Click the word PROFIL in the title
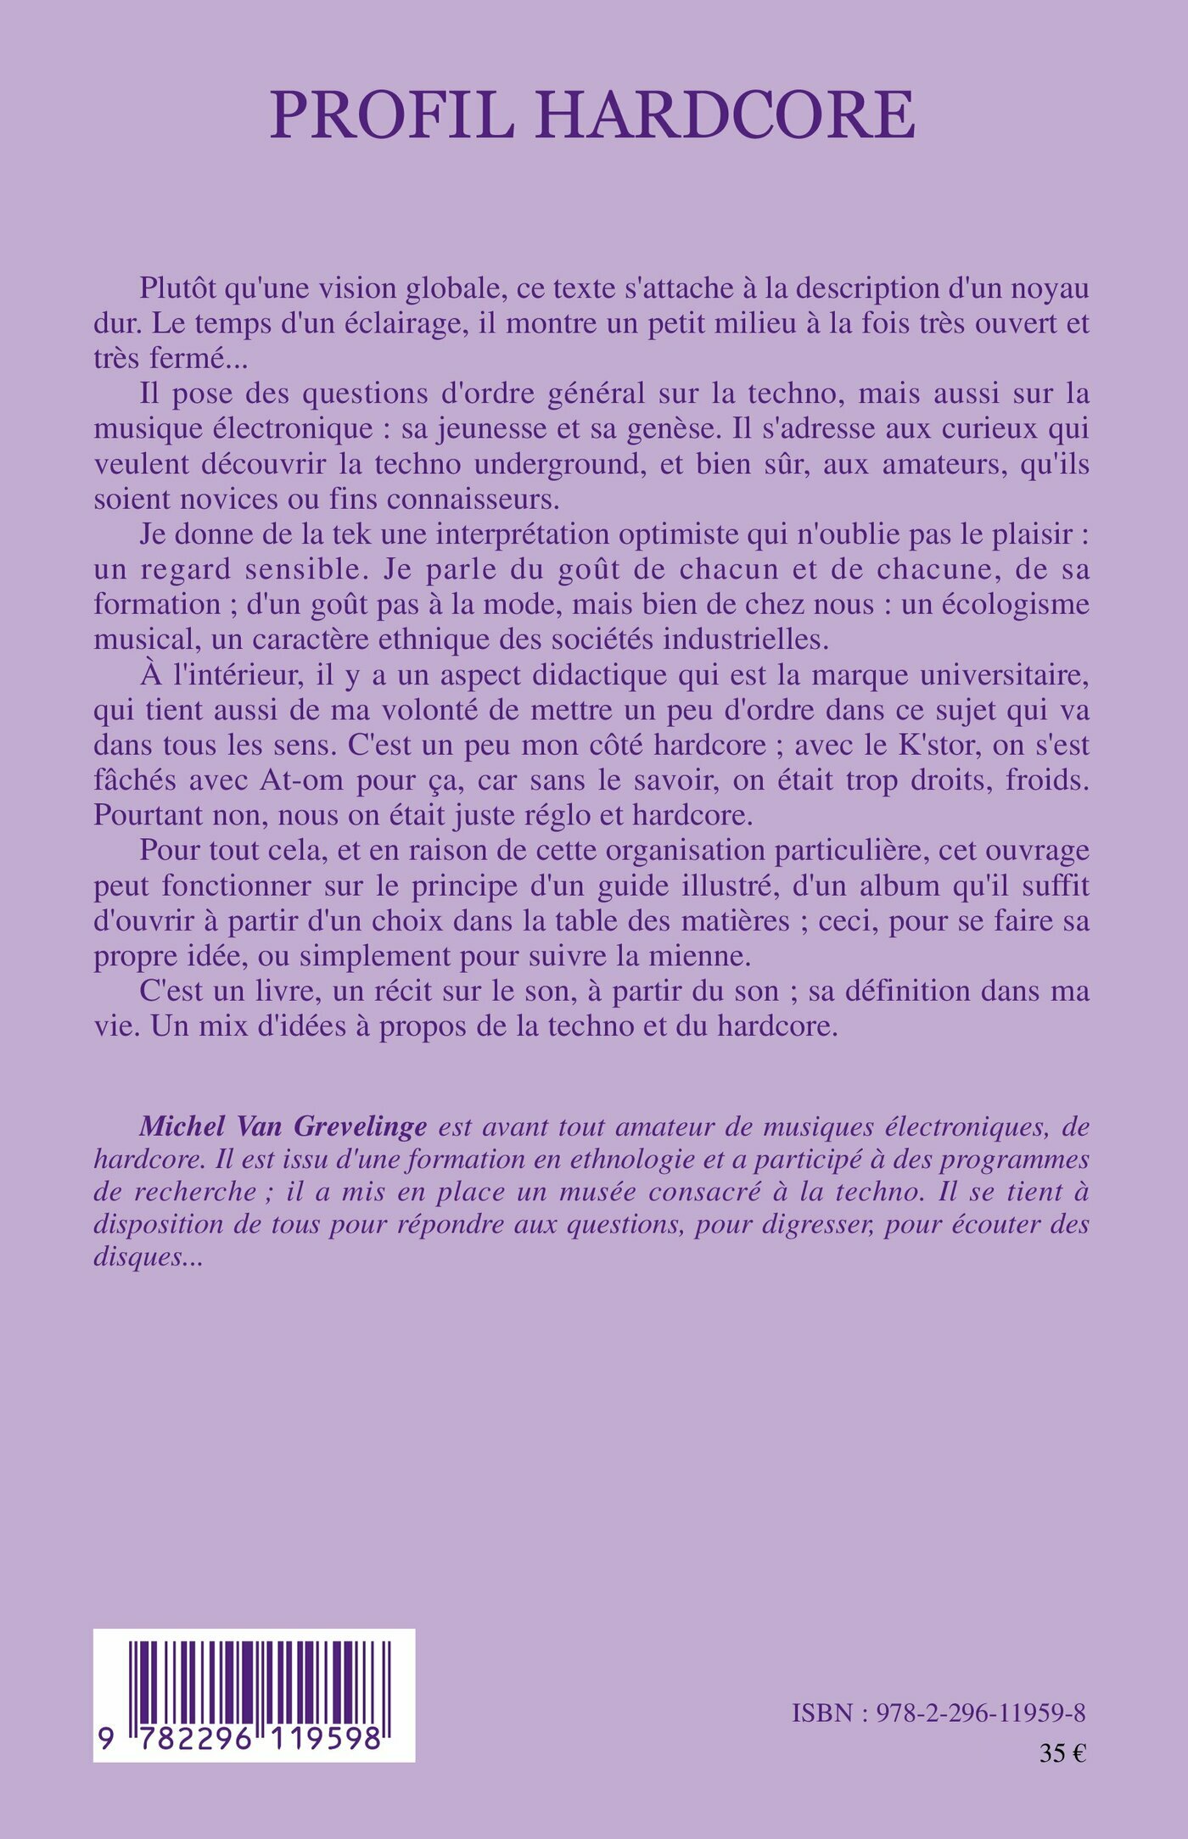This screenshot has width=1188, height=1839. pos(392,115)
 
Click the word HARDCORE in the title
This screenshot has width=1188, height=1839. pos(726,115)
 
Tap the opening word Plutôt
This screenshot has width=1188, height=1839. pos(180,288)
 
